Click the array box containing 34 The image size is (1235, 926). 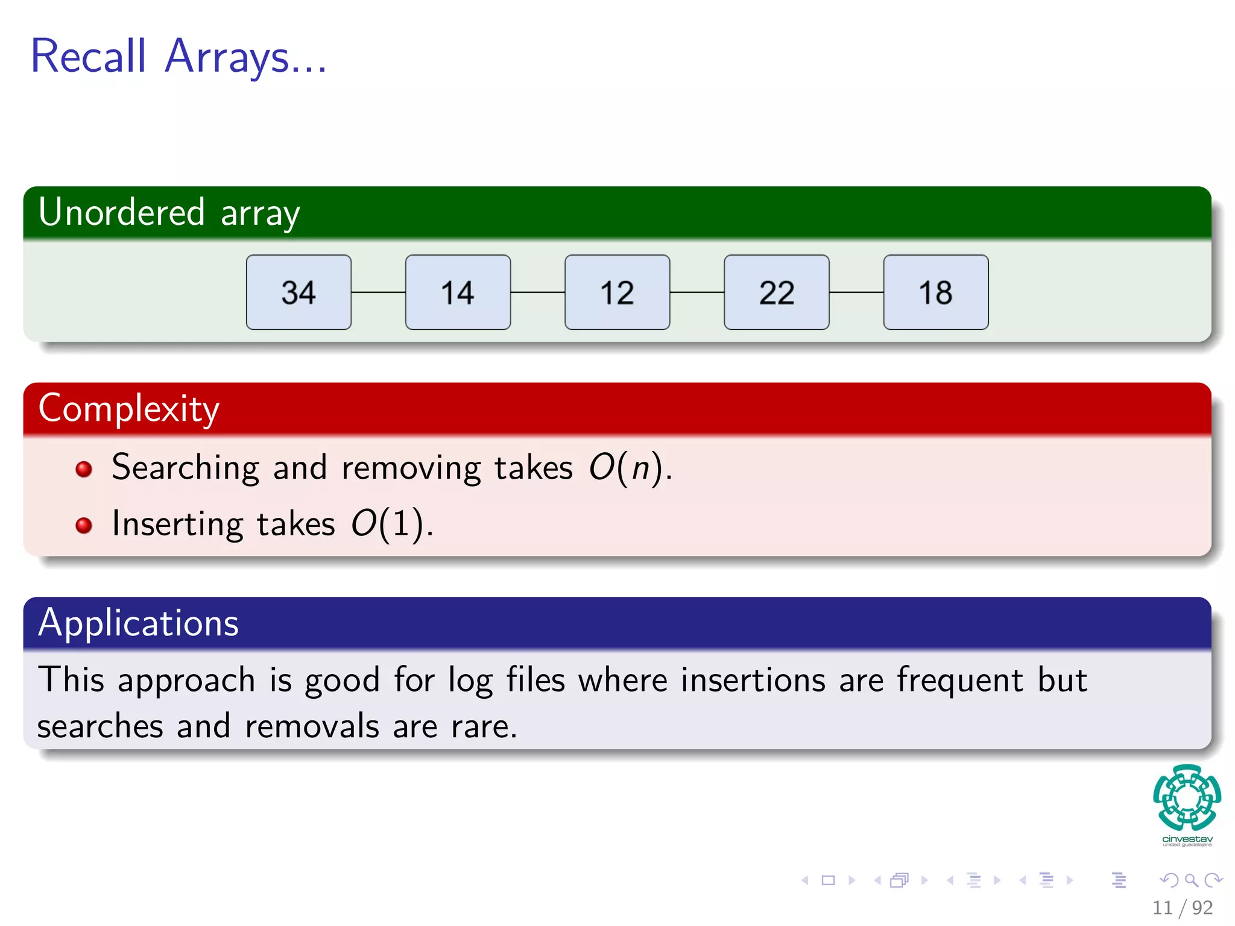tap(298, 292)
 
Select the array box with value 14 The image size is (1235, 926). tap(458, 292)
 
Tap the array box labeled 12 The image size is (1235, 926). tap(617, 292)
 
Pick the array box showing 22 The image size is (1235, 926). tap(776, 292)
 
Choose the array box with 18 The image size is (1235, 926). tap(935, 292)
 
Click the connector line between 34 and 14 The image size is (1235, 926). tap(378, 292)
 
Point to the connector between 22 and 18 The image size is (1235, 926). tap(856, 292)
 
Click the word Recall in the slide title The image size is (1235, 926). tap(89, 56)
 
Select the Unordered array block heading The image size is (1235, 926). tap(169, 212)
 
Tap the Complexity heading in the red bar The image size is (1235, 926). tap(128, 408)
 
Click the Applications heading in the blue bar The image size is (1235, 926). tap(138, 623)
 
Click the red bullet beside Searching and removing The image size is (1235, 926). tap(84, 469)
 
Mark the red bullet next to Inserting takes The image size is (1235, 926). tap(84, 525)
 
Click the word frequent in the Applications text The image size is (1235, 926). tap(960, 680)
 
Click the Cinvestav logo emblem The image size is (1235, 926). tap(1187, 798)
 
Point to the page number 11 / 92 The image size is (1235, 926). tap(1182, 907)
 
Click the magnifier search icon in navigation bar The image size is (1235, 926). tap(1191, 880)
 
